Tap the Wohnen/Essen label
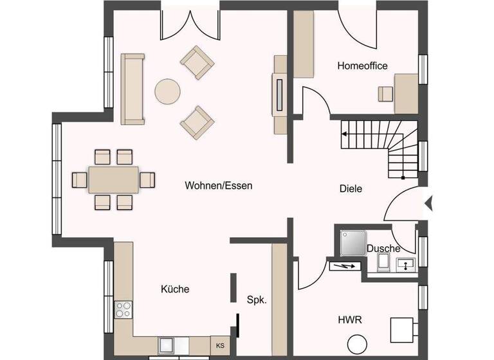click(219, 186)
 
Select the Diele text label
click(351, 189)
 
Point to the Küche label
click(175, 289)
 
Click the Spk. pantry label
click(257, 300)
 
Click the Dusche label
click(383, 248)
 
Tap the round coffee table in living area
click(169, 91)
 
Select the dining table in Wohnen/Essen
click(113, 179)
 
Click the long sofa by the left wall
click(133, 89)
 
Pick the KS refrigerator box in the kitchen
click(220, 345)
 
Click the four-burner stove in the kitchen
click(123, 309)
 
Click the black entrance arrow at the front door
click(429, 204)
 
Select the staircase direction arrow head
click(345, 134)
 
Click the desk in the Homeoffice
click(406, 93)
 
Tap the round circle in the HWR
click(356, 345)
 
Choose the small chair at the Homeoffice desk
click(385, 94)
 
